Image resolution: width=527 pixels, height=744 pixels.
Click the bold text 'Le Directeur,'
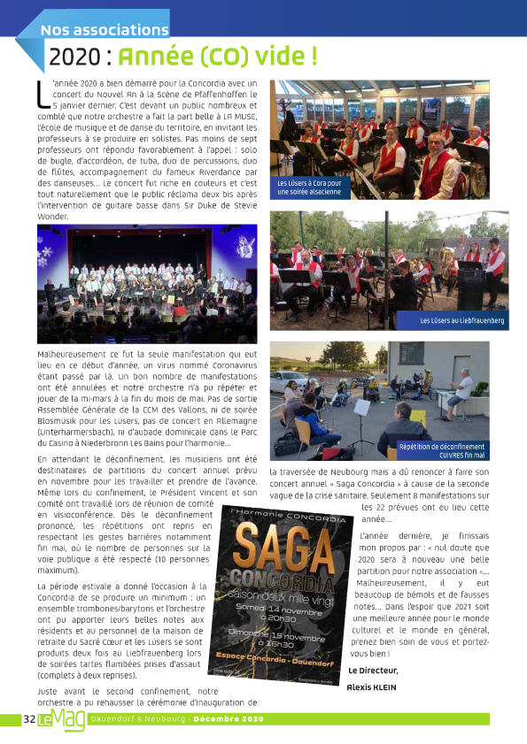point(373,670)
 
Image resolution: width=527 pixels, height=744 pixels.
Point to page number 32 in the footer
point(28,719)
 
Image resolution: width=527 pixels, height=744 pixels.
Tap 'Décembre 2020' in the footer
point(228,719)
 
